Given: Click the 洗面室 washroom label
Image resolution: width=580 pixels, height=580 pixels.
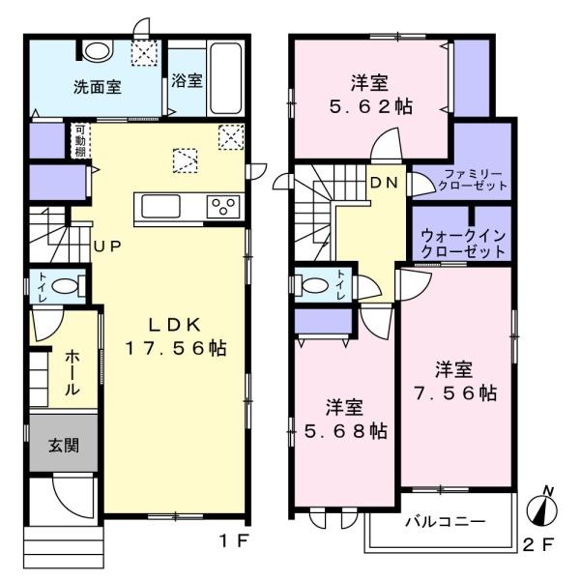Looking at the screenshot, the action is coord(98,87).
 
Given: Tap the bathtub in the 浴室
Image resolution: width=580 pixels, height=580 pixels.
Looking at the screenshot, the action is coord(226,78).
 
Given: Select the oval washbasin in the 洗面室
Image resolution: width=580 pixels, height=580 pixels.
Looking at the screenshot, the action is coord(98,50).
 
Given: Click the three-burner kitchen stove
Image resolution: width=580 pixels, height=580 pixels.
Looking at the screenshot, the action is coord(223,207).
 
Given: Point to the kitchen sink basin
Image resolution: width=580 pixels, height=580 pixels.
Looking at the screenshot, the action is coord(160,206).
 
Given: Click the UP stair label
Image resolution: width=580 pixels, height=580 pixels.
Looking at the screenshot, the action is coord(107,246).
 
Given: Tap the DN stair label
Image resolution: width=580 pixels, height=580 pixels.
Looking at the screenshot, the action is coord(385,183).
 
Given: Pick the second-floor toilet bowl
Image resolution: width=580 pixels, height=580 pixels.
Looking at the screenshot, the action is coord(315,285).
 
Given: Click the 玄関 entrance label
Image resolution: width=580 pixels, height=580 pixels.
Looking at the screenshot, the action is coord(64,446).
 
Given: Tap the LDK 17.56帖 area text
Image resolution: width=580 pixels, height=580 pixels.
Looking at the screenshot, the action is coord(176,336).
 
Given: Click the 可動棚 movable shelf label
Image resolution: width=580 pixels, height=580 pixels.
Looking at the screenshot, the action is coord(80,141).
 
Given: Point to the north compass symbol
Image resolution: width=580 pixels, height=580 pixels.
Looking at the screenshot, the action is coord(542,507).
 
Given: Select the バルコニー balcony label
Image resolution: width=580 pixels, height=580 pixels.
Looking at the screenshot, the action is coord(445,522).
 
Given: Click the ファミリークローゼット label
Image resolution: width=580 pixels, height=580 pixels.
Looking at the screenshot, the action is coord(473,180).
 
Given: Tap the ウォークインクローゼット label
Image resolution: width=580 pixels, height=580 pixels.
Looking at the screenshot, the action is coord(463,244).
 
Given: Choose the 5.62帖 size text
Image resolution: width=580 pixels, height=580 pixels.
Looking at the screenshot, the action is coord(371,107).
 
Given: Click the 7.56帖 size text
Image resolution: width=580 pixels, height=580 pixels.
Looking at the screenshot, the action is coord(455,392).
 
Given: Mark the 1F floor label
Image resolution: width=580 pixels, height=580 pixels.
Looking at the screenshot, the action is coord(233,542).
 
